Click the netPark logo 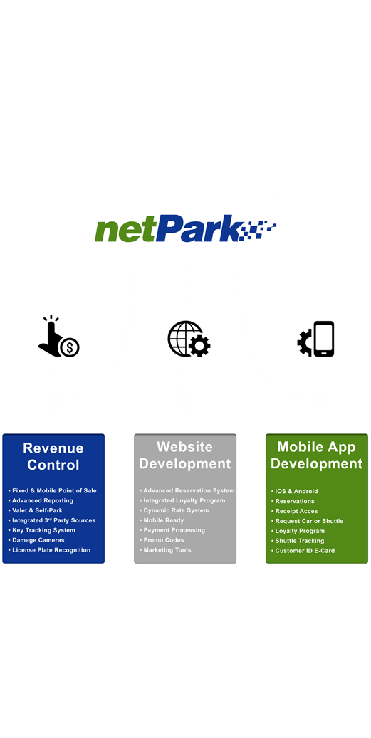185,228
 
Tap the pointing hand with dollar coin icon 58,336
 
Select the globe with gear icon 189,339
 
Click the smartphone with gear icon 316,339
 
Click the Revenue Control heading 53,456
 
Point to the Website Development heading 185,455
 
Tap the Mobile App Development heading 316,455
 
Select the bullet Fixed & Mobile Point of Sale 52,490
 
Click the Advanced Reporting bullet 41,500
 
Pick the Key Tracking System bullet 41,530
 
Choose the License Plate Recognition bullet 49,549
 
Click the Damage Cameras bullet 36,540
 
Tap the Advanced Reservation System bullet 187,490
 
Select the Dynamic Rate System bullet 174,510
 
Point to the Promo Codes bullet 162,540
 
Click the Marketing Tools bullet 165,549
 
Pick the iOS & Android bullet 294,491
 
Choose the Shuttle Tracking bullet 298,541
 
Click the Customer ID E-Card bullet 303,551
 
